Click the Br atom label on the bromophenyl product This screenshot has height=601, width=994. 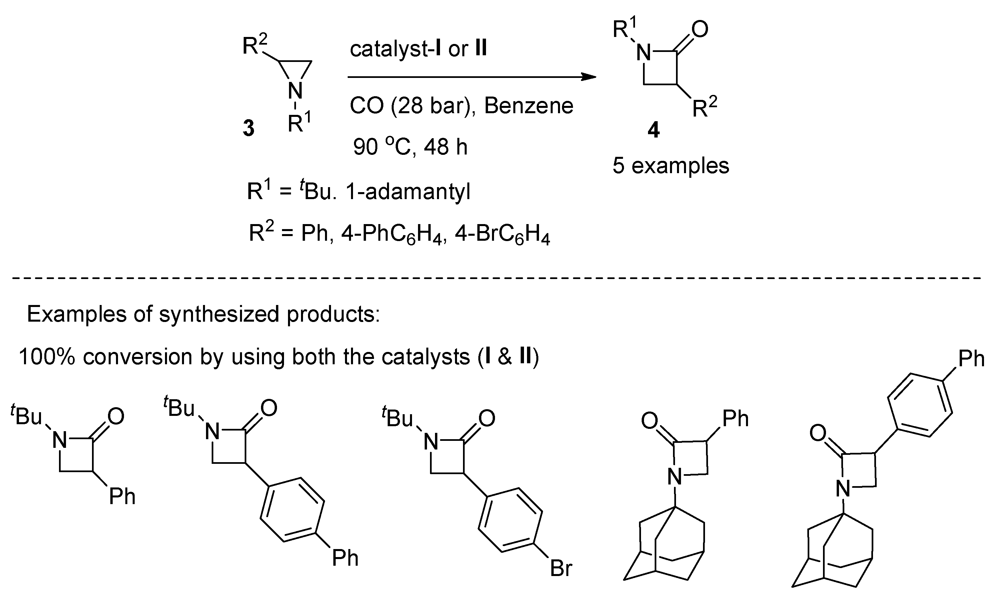[561, 568]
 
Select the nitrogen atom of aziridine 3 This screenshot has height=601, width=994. [295, 91]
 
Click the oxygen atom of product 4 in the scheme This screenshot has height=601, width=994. [700, 29]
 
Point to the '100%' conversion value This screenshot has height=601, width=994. [47, 357]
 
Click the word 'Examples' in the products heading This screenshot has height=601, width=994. [77, 314]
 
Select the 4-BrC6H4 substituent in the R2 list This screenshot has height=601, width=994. [503, 235]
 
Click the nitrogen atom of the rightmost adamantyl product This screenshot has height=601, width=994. [843, 489]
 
